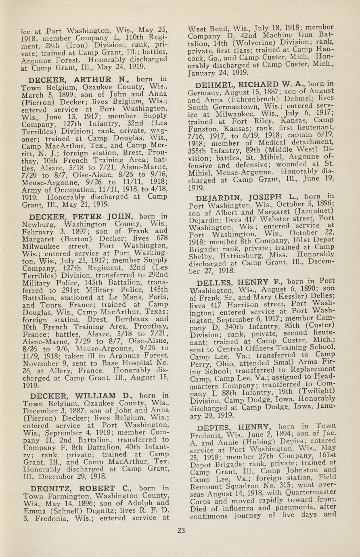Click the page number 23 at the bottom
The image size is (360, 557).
pos(181,530)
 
